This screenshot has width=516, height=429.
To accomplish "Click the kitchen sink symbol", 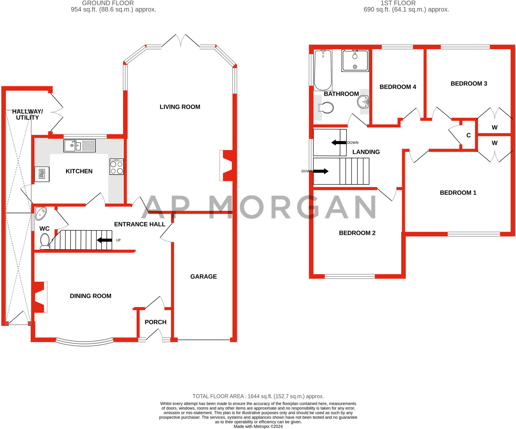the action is click(79, 146).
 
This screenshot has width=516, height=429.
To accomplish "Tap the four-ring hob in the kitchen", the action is click(117, 167).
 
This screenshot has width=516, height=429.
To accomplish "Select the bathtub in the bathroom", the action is click(323, 70).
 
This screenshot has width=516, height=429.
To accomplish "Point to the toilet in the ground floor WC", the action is click(45, 241).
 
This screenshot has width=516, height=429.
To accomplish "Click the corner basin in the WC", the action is click(40, 213).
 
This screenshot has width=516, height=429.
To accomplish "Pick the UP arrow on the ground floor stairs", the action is click(104, 240).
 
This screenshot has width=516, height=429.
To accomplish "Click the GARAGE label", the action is click(204, 276).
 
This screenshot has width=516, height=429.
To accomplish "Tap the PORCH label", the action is click(155, 322).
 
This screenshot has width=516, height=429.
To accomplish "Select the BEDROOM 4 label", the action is click(398, 87).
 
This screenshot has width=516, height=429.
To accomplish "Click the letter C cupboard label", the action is click(469, 135).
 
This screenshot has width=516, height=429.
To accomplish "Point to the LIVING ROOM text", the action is click(180, 107).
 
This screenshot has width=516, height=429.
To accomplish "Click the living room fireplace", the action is click(226, 166).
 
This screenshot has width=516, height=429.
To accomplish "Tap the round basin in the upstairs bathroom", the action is click(363, 101).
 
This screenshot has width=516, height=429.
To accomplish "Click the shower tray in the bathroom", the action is click(355, 60).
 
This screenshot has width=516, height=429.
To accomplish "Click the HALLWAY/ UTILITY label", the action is click(27, 114).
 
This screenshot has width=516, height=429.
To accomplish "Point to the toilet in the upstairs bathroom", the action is click(326, 108).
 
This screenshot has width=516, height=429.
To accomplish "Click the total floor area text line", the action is click(258, 396).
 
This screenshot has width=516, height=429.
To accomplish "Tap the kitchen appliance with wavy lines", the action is click(42, 174).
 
